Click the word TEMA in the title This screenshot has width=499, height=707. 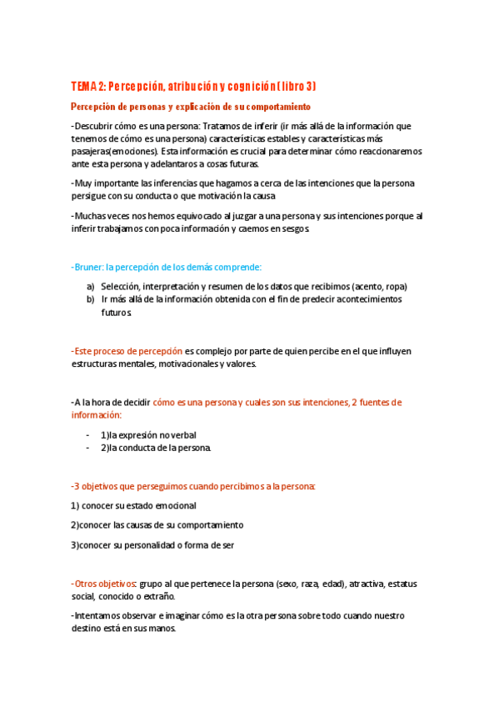click(x=84, y=87)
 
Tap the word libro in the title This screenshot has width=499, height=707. click(x=285, y=87)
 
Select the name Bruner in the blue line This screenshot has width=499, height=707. click(x=88, y=267)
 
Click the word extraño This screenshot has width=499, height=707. click(x=158, y=596)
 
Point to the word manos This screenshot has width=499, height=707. click(x=162, y=629)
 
